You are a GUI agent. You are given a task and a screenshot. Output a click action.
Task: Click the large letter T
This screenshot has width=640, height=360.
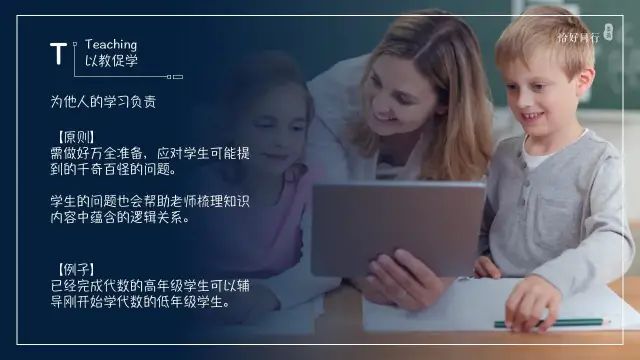pos(60,54)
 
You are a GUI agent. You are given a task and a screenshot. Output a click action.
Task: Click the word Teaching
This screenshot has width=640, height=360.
pos(111,45)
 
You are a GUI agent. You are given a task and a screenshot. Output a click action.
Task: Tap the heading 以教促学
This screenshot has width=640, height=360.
pos(111,61)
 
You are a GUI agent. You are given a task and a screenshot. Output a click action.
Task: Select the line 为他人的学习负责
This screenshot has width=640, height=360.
pos(103,102)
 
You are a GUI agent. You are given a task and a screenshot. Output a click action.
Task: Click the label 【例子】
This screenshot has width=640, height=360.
pos(76,270)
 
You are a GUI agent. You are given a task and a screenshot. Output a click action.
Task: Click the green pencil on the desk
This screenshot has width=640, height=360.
pos(551,323)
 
